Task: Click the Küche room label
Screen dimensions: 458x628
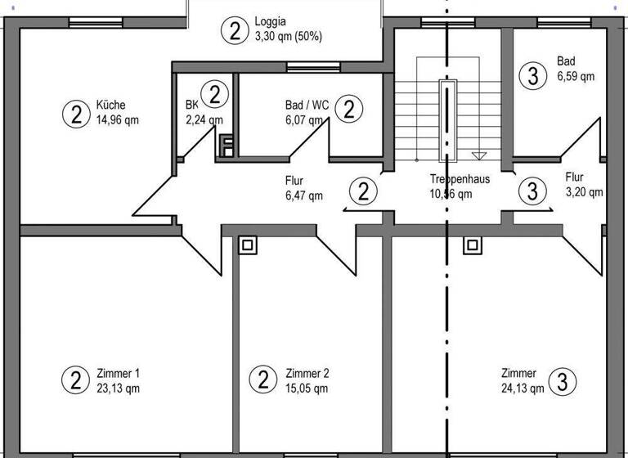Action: [x=110, y=106]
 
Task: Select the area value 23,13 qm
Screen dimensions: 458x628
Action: [x=118, y=388]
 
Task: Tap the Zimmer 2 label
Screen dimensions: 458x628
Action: [x=307, y=374]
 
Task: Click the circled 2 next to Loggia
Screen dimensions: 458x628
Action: [x=235, y=31]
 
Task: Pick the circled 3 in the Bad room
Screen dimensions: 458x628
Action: [x=533, y=76]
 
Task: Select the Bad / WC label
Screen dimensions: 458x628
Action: [x=307, y=106]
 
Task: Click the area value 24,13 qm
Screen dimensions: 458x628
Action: [x=523, y=388]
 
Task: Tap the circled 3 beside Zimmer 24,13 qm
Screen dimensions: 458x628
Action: [x=562, y=380]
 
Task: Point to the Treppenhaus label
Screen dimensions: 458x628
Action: [x=460, y=178]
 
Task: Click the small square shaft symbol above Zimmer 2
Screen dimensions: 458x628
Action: [x=247, y=244]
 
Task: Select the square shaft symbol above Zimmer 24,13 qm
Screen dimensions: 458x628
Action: [x=471, y=244]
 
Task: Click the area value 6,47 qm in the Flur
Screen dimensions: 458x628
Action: [x=303, y=195]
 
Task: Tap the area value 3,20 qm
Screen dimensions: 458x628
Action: [x=584, y=192]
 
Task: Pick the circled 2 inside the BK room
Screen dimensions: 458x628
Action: [x=214, y=94]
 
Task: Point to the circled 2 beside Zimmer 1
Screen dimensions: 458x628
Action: [x=76, y=380]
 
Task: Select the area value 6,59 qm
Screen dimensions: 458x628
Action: [x=576, y=75]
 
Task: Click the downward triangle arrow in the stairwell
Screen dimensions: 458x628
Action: [x=480, y=155]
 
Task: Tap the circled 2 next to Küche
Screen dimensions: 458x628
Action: [x=76, y=113]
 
